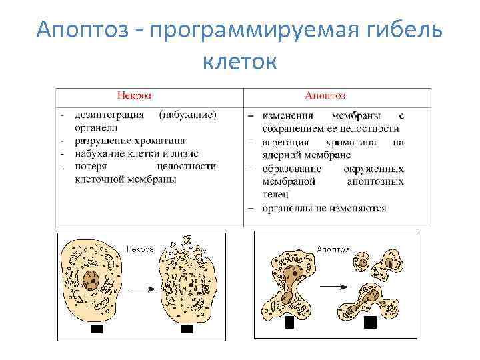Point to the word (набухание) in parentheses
coord(187,115)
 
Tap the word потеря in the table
coord(91,167)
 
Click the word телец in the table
coord(275,195)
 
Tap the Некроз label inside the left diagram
coord(140,248)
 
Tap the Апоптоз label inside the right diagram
coord(333,249)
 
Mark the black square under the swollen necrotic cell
coord(187,329)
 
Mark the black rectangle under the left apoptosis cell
coord(289,323)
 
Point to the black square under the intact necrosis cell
coord(97,329)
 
